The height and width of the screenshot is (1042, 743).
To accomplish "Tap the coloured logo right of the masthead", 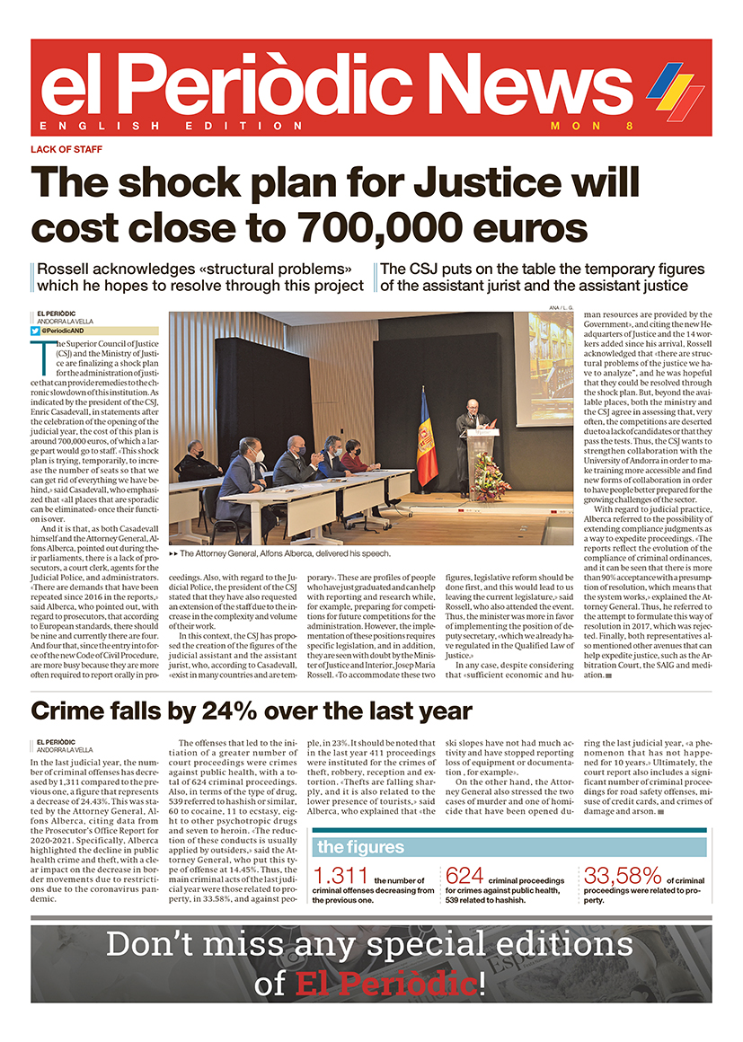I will [x=675, y=91].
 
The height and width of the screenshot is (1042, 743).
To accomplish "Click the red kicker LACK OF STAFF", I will [x=66, y=149].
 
